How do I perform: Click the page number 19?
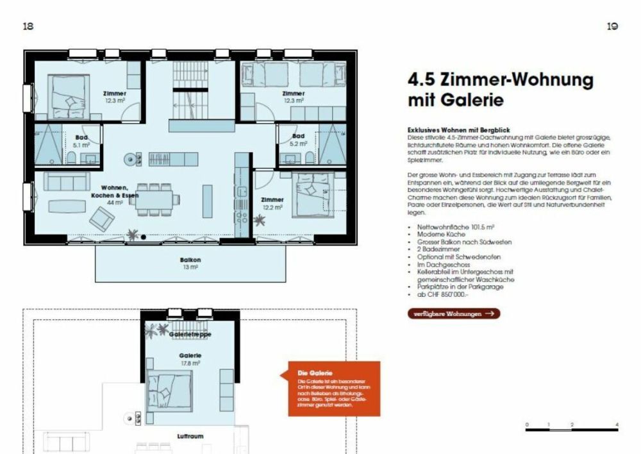coord(612,26)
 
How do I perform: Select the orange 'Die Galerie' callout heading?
coord(314,373)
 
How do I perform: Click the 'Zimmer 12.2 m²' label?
coord(272,203)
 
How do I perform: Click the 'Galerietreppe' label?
coord(190,334)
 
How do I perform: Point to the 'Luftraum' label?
coord(190,436)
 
